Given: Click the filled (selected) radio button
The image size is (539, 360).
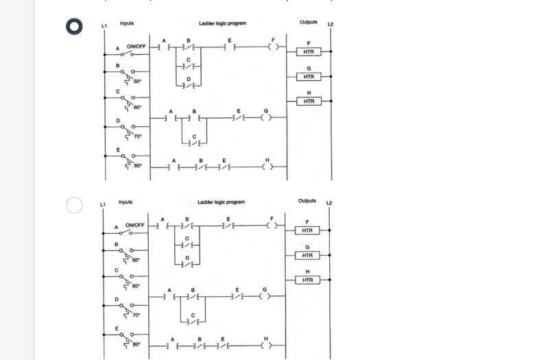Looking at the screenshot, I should (x=75, y=26).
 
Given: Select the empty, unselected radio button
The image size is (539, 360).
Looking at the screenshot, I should (x=75, y=204).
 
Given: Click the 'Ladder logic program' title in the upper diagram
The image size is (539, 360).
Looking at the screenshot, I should (x=222, y=24).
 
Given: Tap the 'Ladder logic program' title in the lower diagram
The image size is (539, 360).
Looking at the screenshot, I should (x=221, y=202).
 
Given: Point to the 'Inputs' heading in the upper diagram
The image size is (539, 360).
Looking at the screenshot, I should (x=127, y=23).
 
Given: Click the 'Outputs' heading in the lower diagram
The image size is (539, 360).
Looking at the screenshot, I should (x=307, y=201).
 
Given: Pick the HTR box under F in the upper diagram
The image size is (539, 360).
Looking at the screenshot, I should (x=309, y=52).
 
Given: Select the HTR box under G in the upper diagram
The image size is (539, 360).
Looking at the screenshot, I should (x=309, y=77).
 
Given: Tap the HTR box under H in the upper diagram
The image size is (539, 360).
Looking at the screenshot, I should (x=309, y=101).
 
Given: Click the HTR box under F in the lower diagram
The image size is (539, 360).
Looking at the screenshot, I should (x=308, y=230).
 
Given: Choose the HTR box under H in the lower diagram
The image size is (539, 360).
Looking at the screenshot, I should (x=308, y=280).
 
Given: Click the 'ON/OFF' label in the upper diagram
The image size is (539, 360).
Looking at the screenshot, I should (x=136, y=47).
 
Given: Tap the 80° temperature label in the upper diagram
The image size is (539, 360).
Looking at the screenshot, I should (x=138, y=166).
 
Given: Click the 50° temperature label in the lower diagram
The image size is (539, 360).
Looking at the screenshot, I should (x=136, y=261).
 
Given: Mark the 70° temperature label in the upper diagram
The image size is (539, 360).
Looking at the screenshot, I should (x=138, y=136).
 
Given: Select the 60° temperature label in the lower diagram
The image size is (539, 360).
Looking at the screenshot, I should (x=136, y=286).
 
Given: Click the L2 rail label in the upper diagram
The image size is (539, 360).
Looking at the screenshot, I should (x=331, y=25).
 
